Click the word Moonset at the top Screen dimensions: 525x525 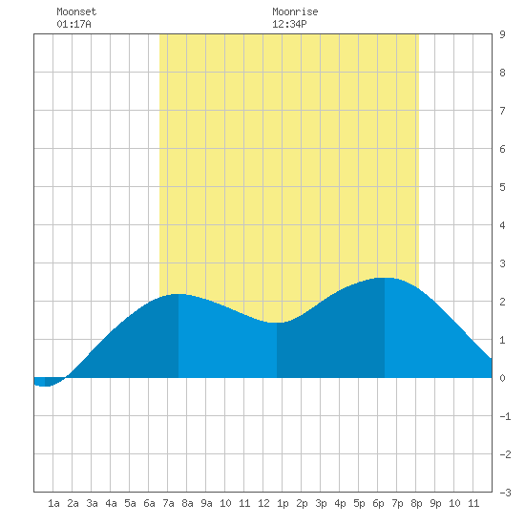click(76, 11)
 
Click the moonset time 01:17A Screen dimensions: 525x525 click(73, 24)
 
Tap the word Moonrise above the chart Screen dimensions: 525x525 click(295, 11)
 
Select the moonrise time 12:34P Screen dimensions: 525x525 click(289, 24)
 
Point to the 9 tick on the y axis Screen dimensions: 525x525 click(502, 34)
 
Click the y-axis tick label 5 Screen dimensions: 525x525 click(502, 187)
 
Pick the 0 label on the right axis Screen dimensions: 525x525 click(502, 378)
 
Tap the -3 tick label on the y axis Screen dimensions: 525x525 click(505, 493)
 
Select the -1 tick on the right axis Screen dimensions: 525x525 click(505, 416)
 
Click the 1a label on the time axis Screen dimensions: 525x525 click(53, 503)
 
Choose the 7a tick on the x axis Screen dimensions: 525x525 click(168, 503)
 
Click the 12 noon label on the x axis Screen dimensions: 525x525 click(263, 503)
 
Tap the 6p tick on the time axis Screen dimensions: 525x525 click(378, 503)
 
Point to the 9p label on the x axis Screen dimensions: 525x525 click(435, 503)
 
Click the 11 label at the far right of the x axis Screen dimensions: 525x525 click(473, 503)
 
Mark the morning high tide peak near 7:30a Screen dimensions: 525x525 click(178, 294)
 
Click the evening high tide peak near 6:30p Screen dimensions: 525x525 click(385, 278)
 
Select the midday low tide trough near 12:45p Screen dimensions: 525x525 click(277, 323)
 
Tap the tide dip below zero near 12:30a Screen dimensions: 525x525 click(45, 386)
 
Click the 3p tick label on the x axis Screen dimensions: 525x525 click(321, 503)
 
